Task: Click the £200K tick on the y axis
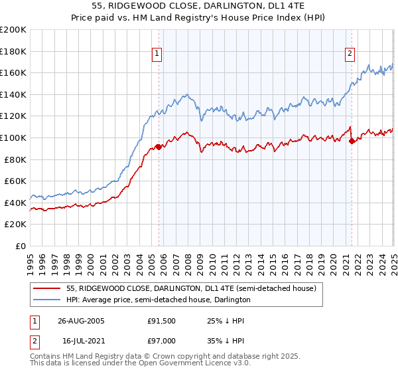point(13,29)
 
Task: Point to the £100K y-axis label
point(13,138)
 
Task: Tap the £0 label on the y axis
point(20,246)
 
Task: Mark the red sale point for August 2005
point(159,147)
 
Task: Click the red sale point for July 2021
point(352,141)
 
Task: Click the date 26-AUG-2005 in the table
point(82,321)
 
